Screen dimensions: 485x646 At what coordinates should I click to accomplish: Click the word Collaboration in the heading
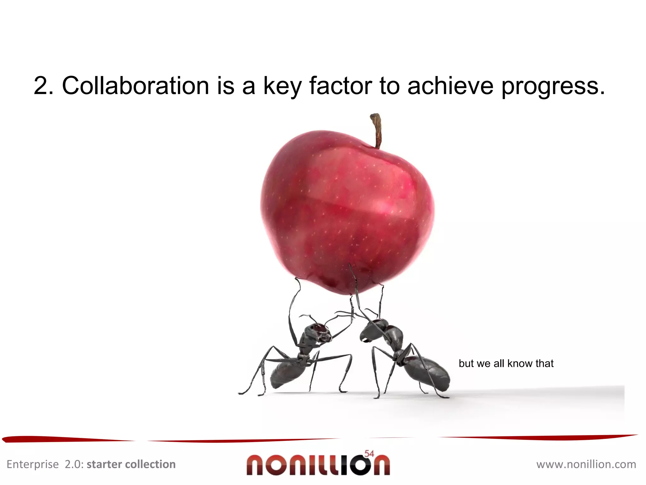(136, 86)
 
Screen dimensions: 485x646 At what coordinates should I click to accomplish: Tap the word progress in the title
(553, 86)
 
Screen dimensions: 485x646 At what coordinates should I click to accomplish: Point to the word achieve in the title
(450, 86)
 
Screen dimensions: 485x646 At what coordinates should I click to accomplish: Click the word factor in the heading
(341, 86)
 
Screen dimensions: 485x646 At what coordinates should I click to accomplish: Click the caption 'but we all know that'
(506, 363)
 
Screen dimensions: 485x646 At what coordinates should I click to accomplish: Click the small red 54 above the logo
(369, 454)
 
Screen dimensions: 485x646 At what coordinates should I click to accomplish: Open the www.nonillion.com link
(586, 464)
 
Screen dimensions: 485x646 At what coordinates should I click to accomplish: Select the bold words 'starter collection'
(131, 464)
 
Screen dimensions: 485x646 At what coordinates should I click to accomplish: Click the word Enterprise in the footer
(32, 464)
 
